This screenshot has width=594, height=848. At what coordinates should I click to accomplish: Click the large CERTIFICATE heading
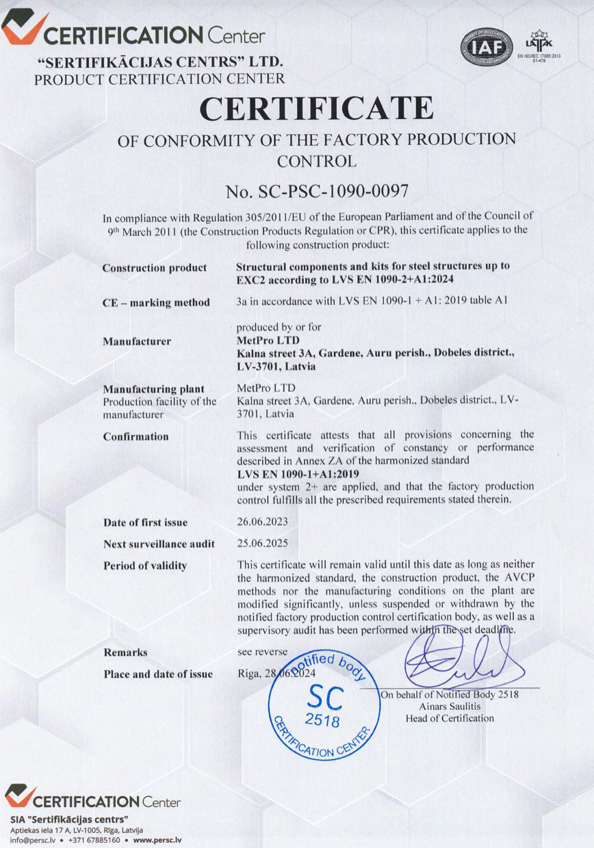[315, 108]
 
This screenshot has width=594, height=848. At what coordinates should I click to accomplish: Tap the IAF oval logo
[487, 46]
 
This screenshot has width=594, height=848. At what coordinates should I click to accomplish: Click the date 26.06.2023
[262, 522]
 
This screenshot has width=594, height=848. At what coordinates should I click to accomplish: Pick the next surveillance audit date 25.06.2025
[262, 544]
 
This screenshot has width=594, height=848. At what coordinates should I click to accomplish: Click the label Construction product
[144, 268]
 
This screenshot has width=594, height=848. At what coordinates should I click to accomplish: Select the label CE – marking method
[156, 302]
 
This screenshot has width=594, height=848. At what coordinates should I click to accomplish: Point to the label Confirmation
[135, 436]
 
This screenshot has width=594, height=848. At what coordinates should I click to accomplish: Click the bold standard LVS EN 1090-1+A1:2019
[298, 473]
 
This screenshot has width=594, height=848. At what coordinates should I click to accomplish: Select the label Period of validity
[145, 566]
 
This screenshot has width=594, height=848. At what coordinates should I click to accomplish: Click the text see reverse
[262, 651]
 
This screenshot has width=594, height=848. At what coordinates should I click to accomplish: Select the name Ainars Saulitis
[449, 706]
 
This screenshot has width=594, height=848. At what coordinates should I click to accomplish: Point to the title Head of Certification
[449, 718]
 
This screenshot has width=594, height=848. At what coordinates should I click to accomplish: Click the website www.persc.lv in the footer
[157, 840]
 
